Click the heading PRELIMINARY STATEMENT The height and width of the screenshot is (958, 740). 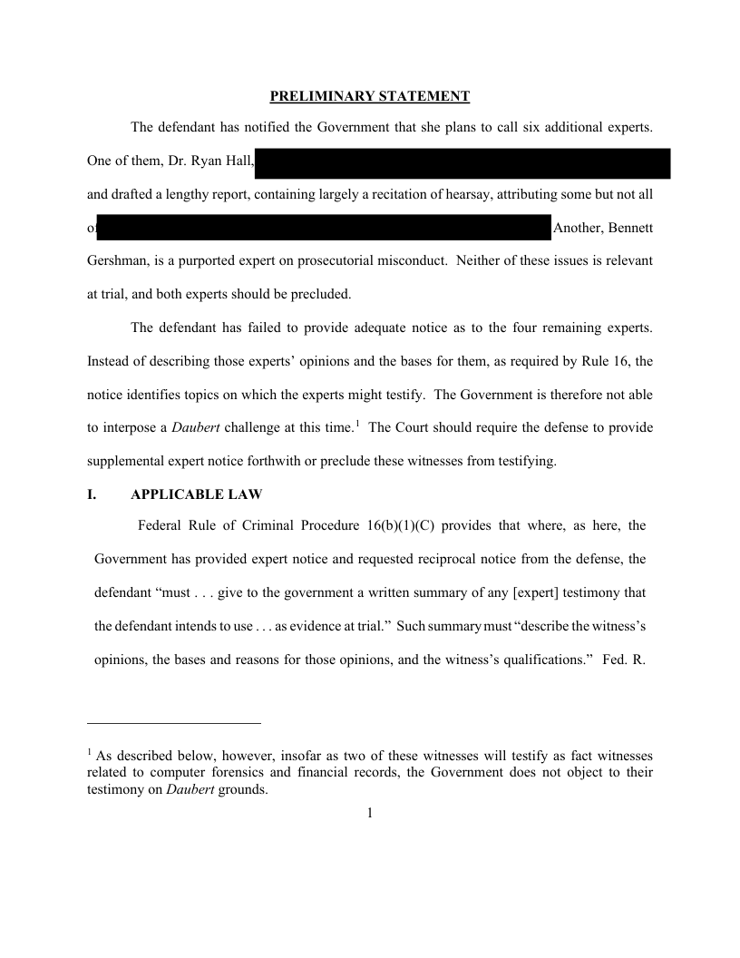370,96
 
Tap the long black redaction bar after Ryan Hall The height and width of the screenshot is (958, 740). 462,163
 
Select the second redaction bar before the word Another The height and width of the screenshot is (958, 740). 324,228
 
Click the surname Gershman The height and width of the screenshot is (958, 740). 120,260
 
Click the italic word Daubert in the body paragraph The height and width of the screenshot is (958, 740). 191,427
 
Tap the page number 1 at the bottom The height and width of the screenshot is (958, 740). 370,813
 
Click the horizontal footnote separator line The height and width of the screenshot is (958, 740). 174,723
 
